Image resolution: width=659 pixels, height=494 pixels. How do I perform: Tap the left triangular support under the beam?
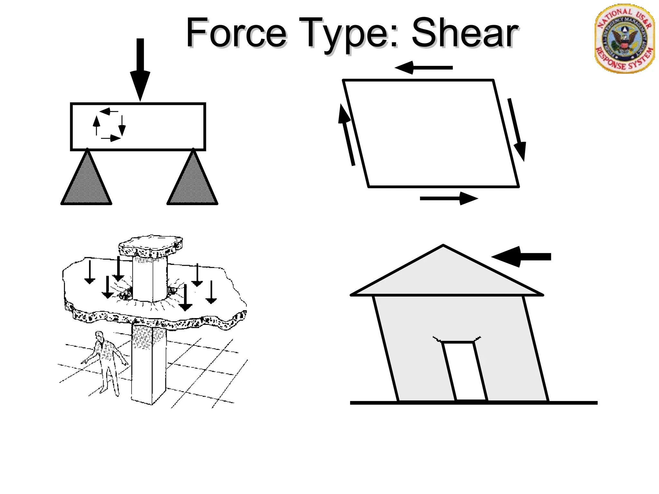pos(86,182)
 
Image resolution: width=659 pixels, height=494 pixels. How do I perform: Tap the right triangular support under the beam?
pos(192,182)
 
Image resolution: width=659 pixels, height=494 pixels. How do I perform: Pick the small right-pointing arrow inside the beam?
pos(111,138)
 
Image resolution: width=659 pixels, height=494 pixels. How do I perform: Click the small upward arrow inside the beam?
pos(96,125)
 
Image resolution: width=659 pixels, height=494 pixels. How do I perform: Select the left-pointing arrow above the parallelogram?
pos(423,68)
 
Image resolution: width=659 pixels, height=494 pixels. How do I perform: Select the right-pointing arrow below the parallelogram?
pos(449,198)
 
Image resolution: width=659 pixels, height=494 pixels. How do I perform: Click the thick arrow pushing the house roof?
pos(521,257)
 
